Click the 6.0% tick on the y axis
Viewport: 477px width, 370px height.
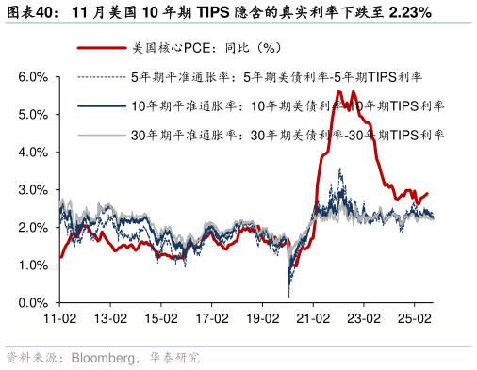point(33,76)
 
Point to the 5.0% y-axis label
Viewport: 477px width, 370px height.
point(33,114)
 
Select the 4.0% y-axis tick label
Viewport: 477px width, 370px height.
point(33,152)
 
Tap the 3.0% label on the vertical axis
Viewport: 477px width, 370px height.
point(33,189)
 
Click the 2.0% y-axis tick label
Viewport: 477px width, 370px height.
point(33,227)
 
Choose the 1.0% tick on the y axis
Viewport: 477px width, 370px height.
point(33,265)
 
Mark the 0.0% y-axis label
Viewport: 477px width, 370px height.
point(33,303)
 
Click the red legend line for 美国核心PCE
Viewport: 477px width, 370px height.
point(99,47)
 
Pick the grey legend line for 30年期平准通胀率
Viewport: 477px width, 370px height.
point(99,136)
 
